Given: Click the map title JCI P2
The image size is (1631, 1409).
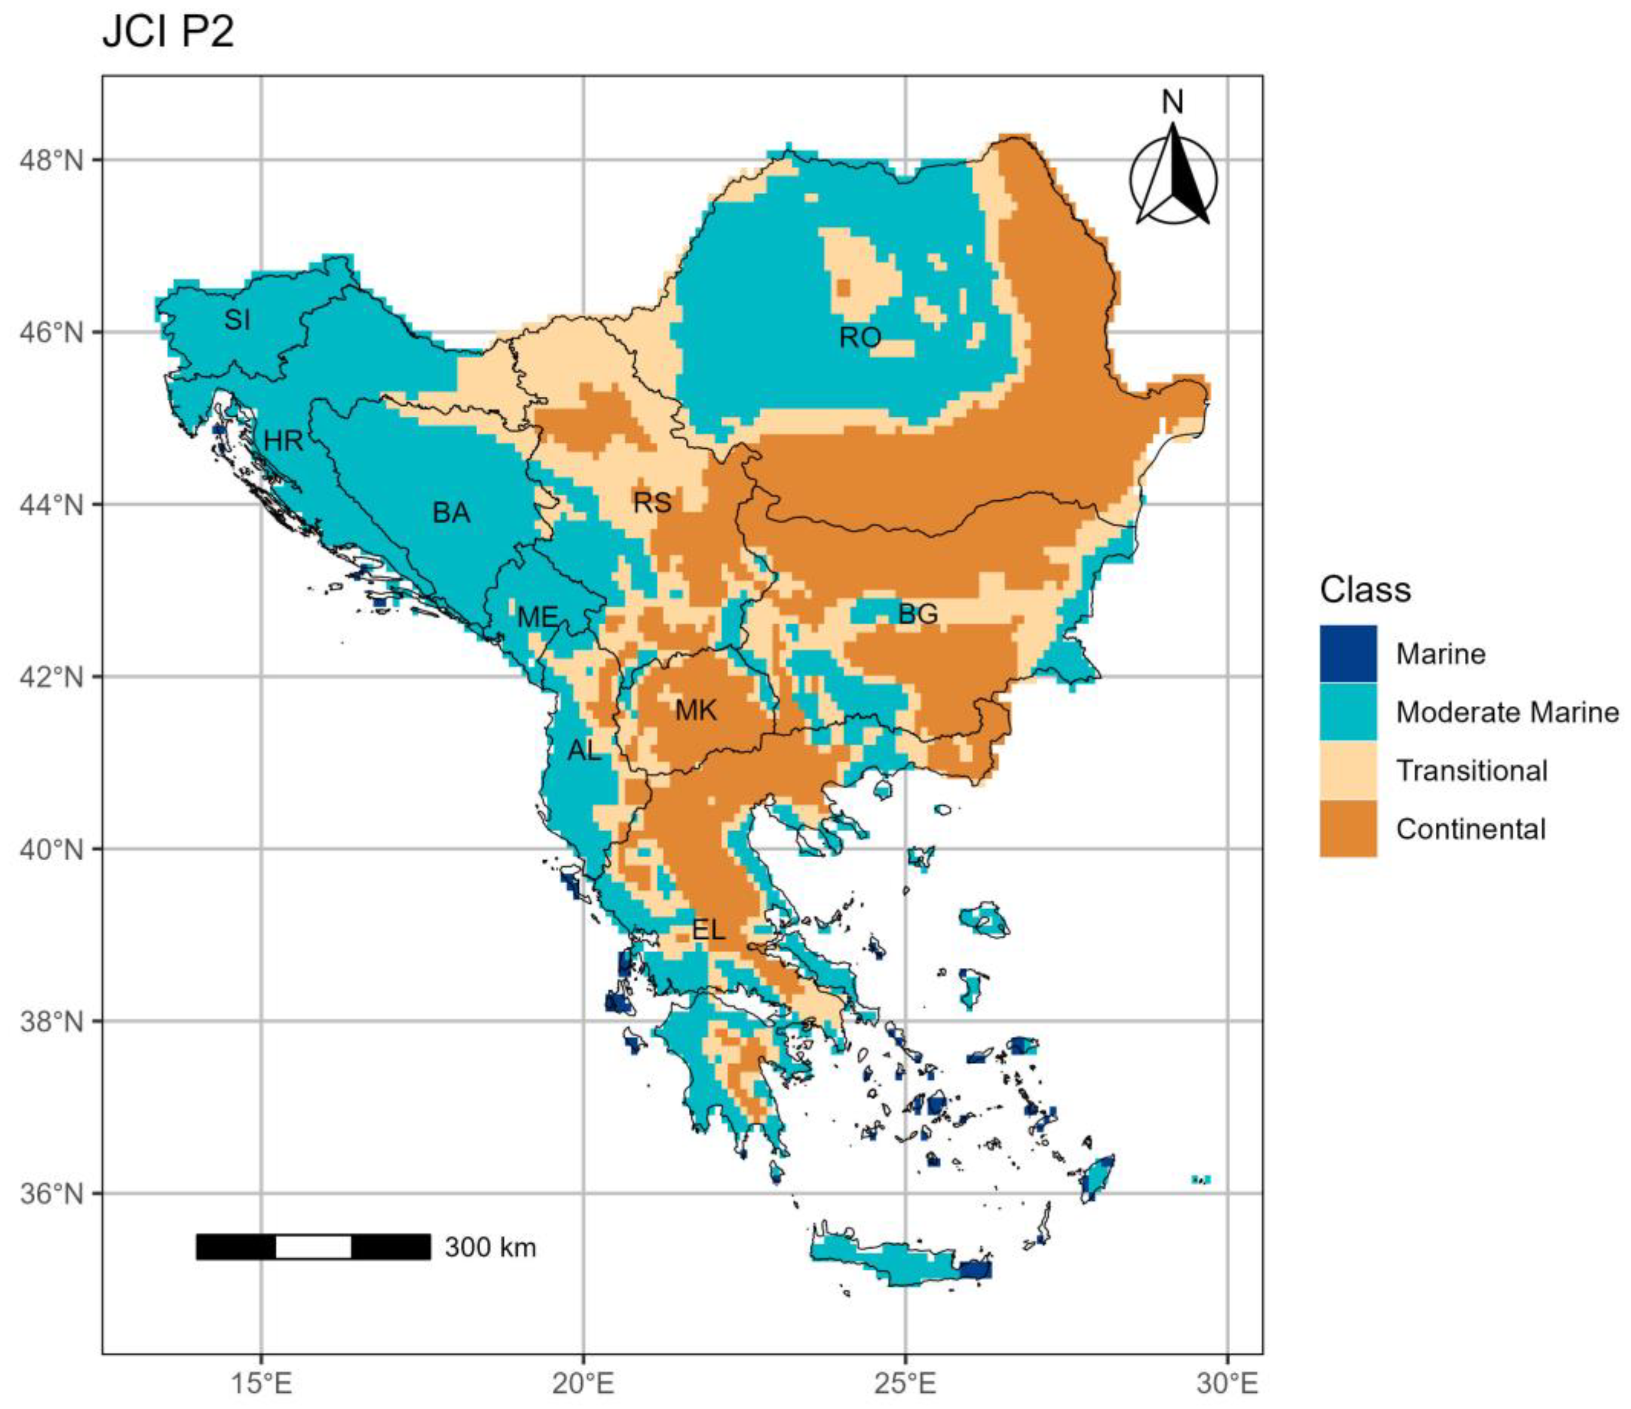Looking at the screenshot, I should point(168,34).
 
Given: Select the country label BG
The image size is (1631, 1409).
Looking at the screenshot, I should point(918,614).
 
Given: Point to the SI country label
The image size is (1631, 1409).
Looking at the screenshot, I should point(237,320).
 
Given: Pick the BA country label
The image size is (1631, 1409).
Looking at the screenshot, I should point(451,513).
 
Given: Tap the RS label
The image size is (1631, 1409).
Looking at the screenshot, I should point(653,502).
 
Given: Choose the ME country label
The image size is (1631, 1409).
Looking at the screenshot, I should point(537,617).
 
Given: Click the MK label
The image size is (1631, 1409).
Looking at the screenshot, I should point(696,711).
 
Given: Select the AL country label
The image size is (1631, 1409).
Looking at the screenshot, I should point(584,751).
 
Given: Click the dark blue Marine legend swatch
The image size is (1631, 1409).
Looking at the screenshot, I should point(1349,653).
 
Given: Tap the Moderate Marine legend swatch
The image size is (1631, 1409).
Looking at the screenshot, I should point(1349,711).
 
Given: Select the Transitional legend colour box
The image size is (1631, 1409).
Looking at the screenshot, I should point(1349,770).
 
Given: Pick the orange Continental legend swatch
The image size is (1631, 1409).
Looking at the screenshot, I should point(1349,828).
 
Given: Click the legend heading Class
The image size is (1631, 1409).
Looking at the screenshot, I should point(1365,590).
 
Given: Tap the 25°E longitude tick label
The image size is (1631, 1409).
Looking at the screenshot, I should point(905,1382).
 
